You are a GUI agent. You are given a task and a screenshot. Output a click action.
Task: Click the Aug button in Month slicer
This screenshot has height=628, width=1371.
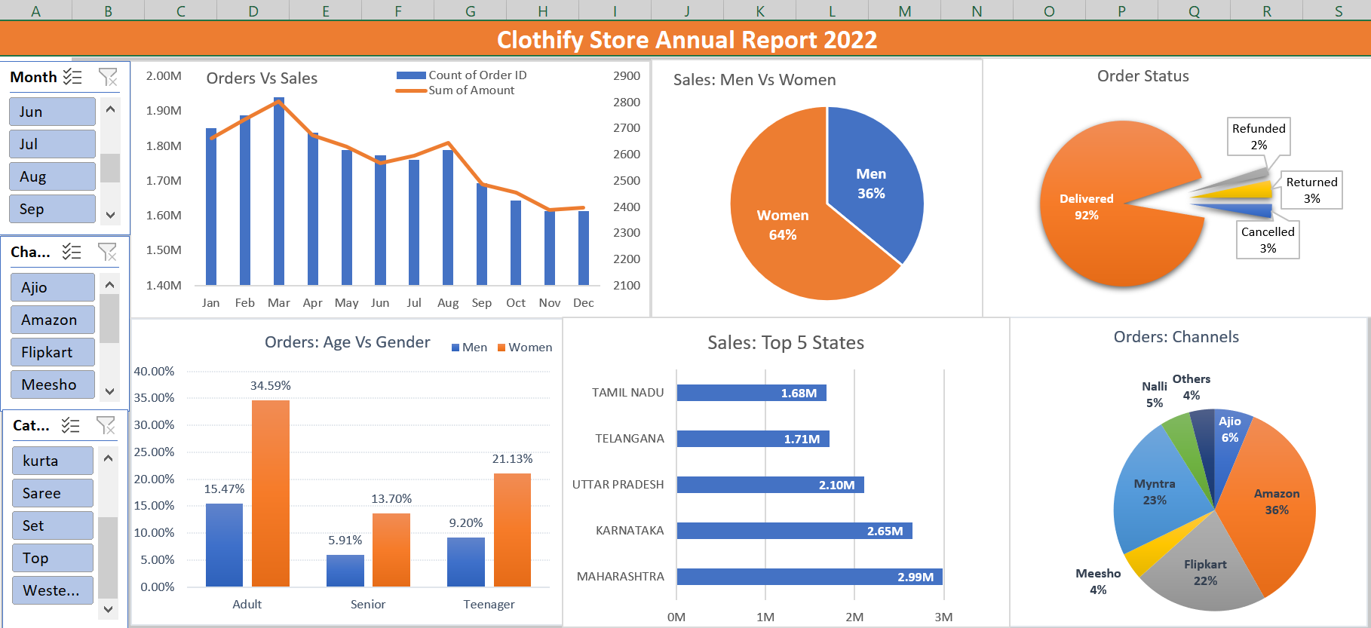[x=52, y=176]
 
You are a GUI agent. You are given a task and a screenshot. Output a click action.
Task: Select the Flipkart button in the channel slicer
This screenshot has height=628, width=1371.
[x=52, y=352]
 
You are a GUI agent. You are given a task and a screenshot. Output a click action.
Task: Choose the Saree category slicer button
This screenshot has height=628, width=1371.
[x=52, y=493]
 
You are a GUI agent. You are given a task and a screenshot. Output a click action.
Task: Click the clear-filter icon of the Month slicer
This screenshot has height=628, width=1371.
[x=108, y=77]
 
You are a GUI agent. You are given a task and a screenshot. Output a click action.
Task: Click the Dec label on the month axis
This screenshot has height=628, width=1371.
[x=583, y=302]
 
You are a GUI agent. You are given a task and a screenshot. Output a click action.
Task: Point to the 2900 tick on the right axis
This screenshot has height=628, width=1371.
[x=626, y=76]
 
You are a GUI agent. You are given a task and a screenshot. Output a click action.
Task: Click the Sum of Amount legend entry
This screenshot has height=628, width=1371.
[x=471, y=90]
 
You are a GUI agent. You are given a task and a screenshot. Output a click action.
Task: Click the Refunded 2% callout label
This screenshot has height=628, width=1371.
[x=1259, y=136]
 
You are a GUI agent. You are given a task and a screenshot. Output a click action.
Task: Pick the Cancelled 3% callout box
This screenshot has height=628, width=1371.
[x=1268, y=240]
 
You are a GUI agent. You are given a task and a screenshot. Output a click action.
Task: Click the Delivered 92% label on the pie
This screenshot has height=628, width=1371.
[x=1086, y=207]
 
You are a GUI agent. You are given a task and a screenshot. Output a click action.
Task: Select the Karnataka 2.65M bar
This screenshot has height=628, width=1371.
[x=794, y=531]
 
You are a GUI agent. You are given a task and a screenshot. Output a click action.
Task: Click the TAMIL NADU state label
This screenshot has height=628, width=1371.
[x=627, y=393]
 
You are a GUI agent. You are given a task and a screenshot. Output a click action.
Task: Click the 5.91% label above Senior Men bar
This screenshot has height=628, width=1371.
[x=345, y=541]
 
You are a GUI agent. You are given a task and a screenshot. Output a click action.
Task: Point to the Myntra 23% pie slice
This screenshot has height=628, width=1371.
[x=1155, y=492]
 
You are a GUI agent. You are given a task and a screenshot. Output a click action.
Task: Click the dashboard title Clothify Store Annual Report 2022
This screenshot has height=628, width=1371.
[x=686, y=40]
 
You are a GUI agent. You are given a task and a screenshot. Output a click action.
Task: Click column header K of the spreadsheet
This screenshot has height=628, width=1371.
[x=759, y=11]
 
